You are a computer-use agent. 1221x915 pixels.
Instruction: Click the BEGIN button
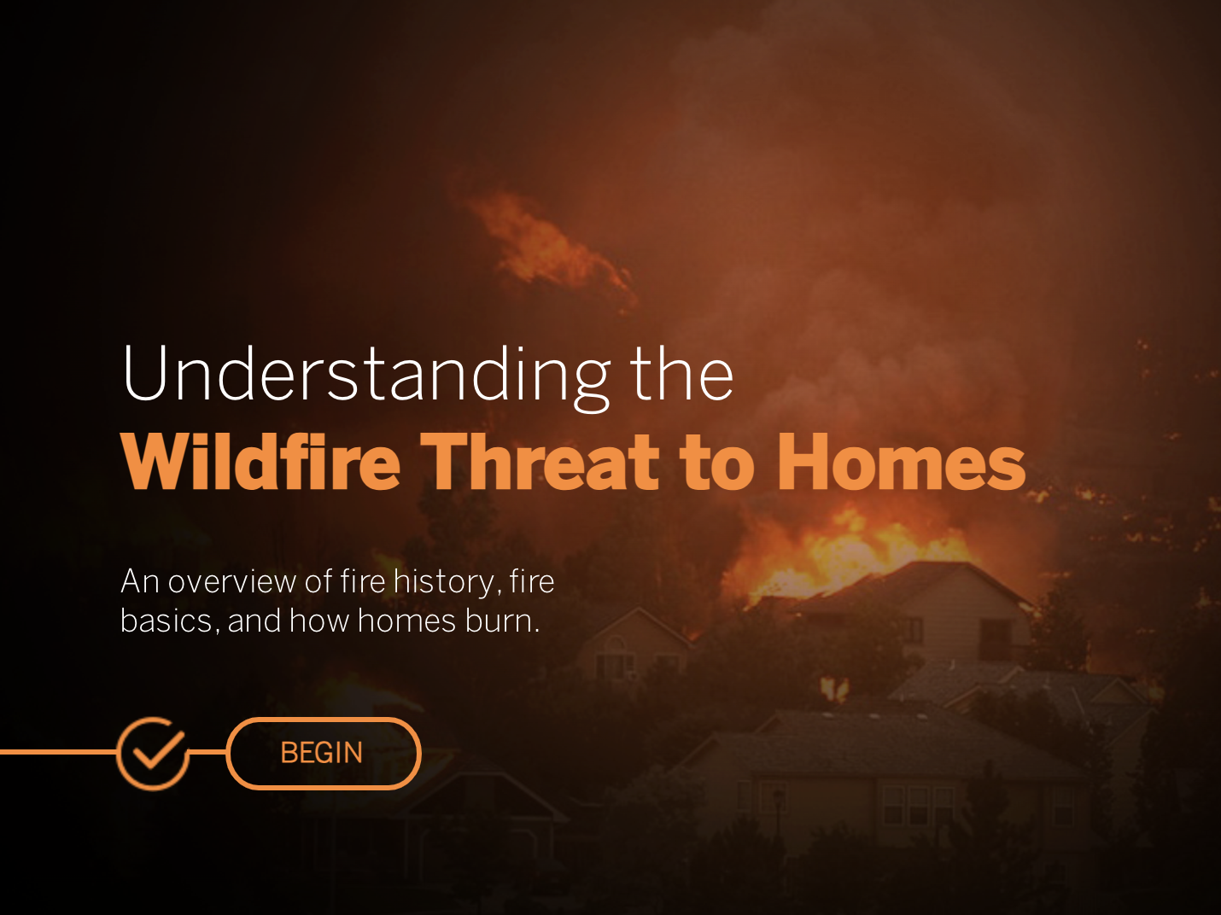tap(324, 753)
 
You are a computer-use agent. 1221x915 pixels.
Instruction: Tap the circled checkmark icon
tap(153, 753)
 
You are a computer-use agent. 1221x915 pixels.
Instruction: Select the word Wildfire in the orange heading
tap(261, 462)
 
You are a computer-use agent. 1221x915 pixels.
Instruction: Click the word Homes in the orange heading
tap(901, 462)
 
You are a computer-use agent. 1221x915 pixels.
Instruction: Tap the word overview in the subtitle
tap(232, 582)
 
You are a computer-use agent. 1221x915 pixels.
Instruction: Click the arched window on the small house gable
tap(616, 644)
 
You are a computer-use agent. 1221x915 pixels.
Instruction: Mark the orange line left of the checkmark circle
tap(58, 752)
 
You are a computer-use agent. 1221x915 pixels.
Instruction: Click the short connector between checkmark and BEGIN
tap(207, 752)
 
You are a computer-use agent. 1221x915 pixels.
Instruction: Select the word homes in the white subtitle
tap(406, 621)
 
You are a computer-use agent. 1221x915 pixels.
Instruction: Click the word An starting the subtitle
tap(140, 582)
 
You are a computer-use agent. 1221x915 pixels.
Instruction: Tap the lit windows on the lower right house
tap(918, 805)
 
